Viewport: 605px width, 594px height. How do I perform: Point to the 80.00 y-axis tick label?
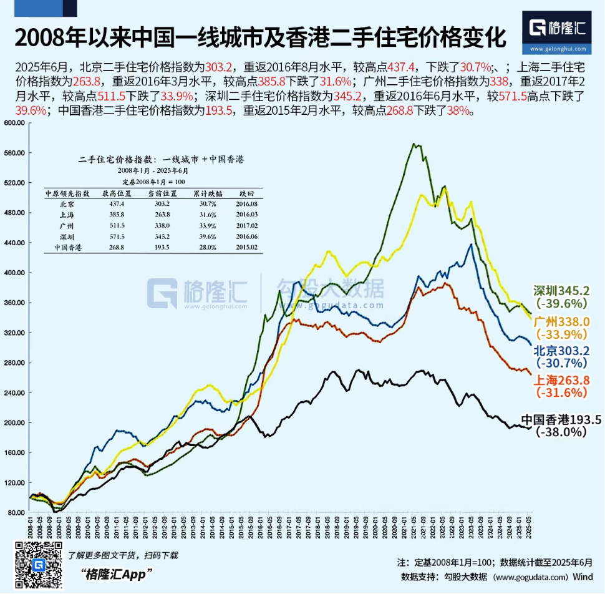14,512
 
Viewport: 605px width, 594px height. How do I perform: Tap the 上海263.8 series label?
561,381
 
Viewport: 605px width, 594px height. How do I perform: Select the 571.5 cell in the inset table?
114,237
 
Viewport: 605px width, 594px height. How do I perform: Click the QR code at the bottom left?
38,564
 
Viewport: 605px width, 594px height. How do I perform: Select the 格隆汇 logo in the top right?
558,31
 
